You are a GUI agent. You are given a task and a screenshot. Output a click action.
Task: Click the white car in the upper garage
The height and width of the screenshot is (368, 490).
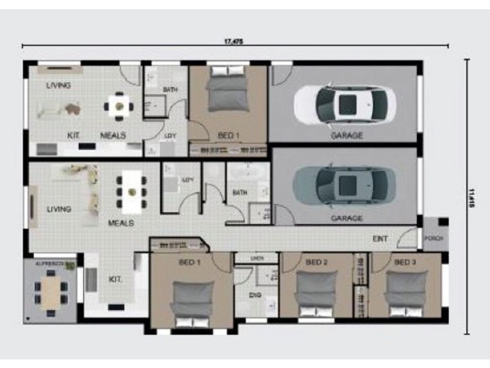click(344, 104)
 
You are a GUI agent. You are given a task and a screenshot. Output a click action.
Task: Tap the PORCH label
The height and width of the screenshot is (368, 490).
click(433, 238)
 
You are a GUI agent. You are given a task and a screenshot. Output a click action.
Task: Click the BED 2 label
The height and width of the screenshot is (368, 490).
click(317, 263)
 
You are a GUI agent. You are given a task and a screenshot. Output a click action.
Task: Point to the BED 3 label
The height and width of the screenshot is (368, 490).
click(405, 263)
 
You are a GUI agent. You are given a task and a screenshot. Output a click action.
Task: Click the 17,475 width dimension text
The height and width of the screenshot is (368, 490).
click(234, 42)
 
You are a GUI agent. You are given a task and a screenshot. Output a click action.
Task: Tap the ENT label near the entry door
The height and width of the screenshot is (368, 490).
click(380, 238)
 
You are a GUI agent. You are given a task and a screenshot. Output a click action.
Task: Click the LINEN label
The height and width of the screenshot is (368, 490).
click(257, 258)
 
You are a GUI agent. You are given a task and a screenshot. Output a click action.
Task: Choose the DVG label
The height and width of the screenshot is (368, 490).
click(255, 295)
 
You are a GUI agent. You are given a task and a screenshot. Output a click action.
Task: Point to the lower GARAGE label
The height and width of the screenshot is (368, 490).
click(347, 218)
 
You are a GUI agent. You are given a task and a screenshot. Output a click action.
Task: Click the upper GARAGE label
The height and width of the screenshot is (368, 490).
click(347, 136)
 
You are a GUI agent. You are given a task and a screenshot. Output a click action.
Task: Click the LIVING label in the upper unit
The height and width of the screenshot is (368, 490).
click(59, 85)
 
